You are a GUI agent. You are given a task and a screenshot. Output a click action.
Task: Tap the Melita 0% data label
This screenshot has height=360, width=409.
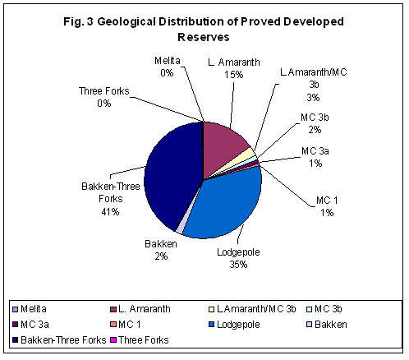(168, 67)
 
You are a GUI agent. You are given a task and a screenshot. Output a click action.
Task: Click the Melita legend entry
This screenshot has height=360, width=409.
(33, 308)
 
